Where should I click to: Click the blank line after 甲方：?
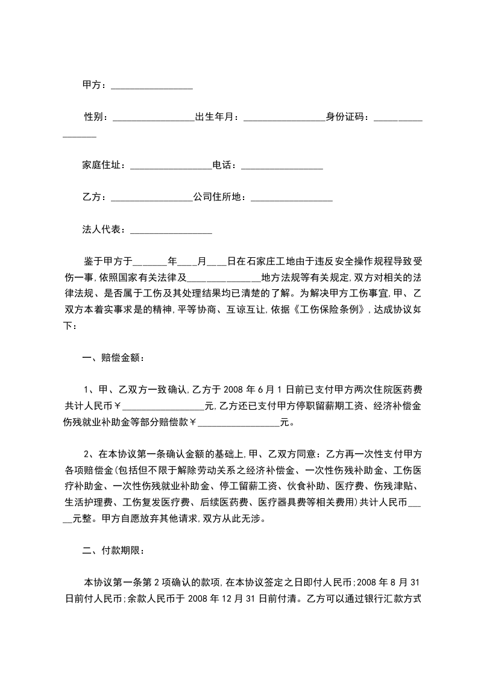pos(152,86)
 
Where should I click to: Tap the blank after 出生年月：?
pos(284,117)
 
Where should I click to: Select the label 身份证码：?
pos(349,117)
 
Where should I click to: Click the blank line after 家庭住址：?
pos(171,166)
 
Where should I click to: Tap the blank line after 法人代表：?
pos(171,230)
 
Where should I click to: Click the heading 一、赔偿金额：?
pos(113,357)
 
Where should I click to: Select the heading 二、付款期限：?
pos(113,550)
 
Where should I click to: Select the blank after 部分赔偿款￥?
pos(239,422)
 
